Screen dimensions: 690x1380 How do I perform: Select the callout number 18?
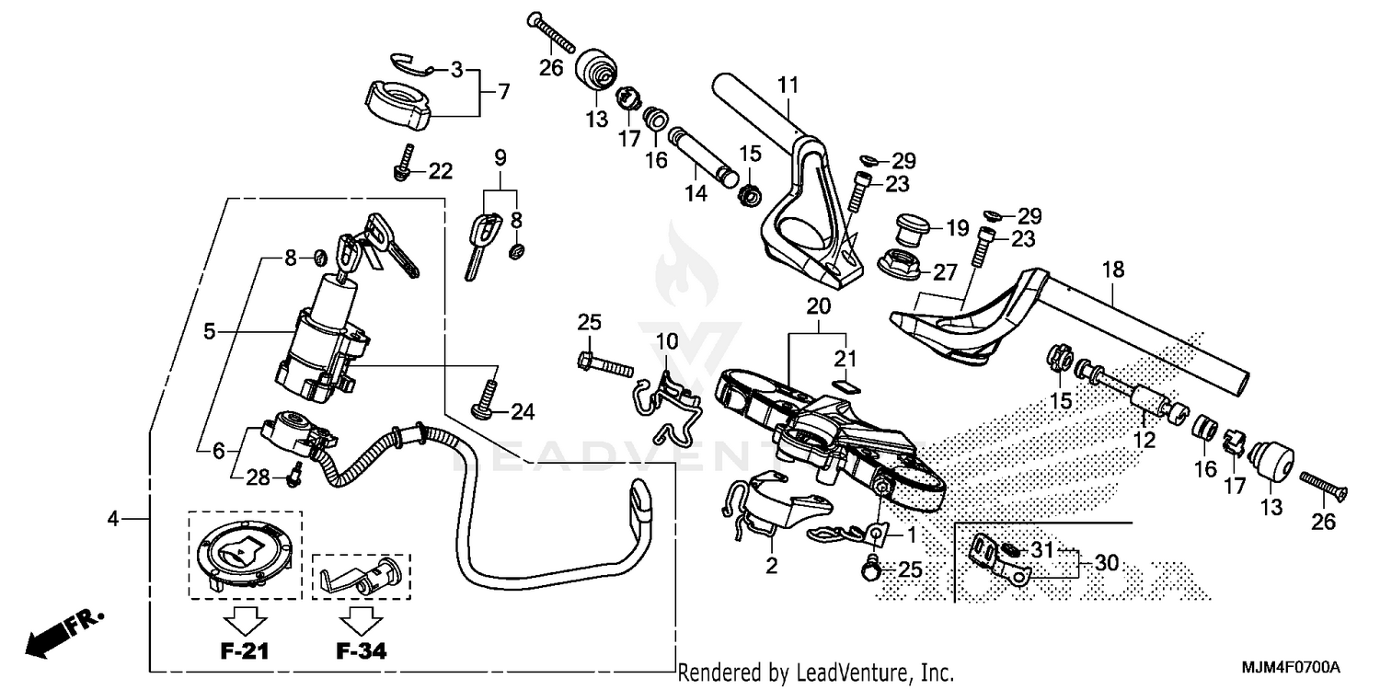coord(1112,270)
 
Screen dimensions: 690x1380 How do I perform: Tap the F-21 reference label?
coord(245,652)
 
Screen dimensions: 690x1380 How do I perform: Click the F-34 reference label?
coord(360,652)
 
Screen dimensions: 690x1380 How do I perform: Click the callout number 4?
coord(112,520)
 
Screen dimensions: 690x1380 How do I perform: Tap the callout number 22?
coord(441,170)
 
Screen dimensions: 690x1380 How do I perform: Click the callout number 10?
coord(666,342)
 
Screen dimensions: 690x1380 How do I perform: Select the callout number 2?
coord(772,567)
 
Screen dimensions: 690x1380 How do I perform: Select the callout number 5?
coord(211,330)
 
